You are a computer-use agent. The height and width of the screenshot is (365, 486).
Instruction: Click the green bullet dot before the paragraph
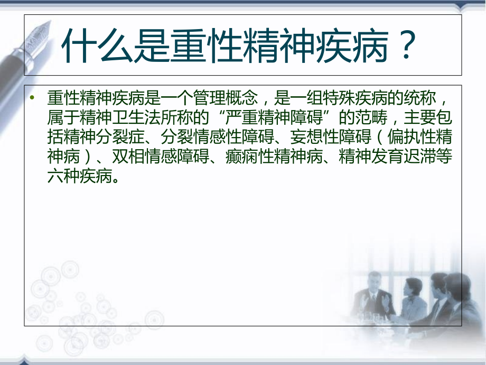coord(32,98)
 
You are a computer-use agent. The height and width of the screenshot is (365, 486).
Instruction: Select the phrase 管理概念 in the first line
coord(226,98)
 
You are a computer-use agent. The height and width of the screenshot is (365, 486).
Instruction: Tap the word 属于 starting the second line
coord(63,117)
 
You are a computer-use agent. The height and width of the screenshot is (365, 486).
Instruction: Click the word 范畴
coord(371,117)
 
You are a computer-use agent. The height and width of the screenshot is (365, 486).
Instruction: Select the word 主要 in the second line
coord(419,117)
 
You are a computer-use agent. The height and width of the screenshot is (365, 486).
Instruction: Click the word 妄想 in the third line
coord(306,137)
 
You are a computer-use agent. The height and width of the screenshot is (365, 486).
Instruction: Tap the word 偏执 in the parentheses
coord(404,137)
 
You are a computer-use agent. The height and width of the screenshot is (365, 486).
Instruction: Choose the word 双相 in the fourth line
coord(128,157)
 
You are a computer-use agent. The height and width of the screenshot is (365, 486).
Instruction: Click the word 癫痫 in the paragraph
coord(242,157)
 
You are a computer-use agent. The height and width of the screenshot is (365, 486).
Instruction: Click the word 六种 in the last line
coord(63,176)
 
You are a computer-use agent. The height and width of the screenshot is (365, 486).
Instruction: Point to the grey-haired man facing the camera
coord(373,295)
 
